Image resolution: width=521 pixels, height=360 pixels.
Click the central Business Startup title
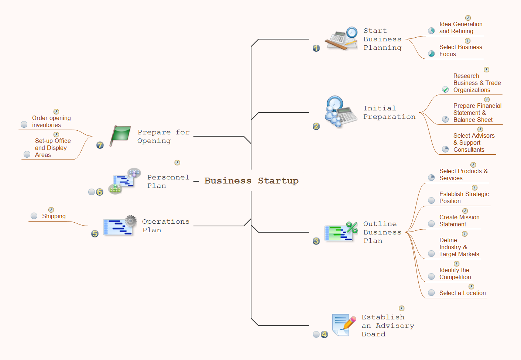coord(251,181)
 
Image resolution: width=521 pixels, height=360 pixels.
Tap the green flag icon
coord(120,135)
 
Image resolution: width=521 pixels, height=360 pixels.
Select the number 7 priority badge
coord(100,145)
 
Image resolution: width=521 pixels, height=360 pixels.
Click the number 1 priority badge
coord(316,48)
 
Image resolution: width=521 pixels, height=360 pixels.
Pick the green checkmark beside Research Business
coord(446,89)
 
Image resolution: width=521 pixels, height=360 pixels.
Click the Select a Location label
coord(462,293)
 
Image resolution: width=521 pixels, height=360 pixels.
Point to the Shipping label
coord(54,216)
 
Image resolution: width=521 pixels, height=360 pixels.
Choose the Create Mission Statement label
coord(459,221)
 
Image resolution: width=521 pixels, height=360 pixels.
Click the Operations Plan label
coord(165,226)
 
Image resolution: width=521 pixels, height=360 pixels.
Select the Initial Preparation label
coord(389,113)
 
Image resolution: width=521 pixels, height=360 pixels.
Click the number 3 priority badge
coord(316,241)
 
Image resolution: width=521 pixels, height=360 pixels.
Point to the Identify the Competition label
coord(455,274)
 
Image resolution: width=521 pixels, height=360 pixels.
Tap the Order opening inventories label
coord(51,121)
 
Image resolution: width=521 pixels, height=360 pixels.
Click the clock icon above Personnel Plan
coord(177,162)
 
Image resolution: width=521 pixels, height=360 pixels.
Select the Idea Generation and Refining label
coord(460,28)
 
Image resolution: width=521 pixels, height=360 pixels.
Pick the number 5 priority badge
coord(95,234)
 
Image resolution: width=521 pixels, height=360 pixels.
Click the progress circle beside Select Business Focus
coord(431,54)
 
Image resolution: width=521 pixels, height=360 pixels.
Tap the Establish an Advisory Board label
coord(387,326)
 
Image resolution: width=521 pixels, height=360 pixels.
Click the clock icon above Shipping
coord(51,210)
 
